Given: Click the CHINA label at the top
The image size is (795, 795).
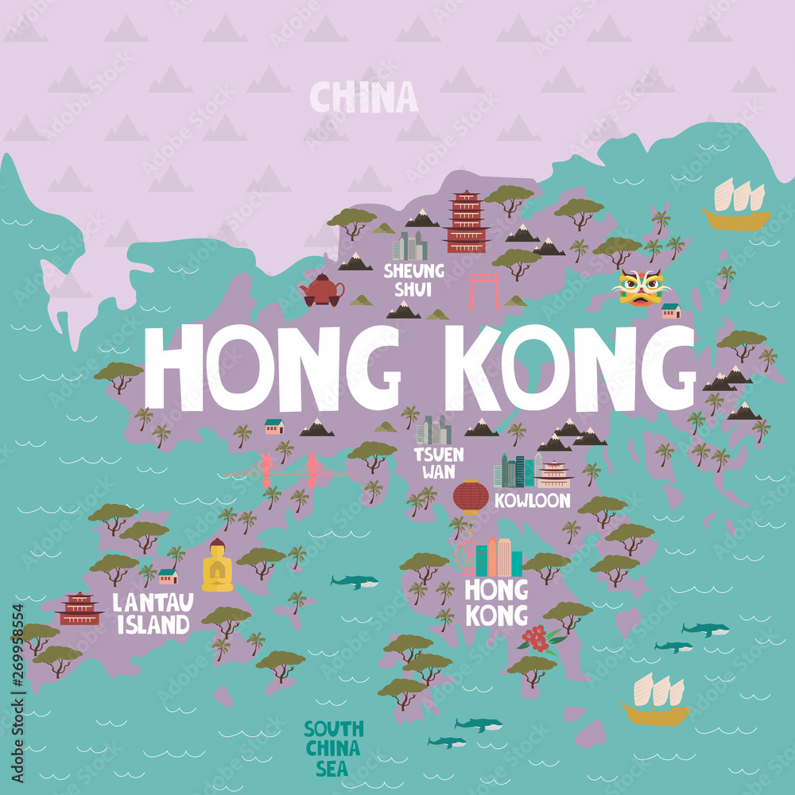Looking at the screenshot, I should [x=363, y=98].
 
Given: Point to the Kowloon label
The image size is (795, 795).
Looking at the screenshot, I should [x=532, y=501].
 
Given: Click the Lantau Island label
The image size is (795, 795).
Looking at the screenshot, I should [x=152, y=613].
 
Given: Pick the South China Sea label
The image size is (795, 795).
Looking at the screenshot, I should [x=333, y=747].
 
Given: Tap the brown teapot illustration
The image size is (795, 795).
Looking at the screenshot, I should [x=321, y=290].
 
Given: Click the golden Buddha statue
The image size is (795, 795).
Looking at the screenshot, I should [x=217, y=566].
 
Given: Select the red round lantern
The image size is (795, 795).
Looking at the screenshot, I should [x=471, y=497].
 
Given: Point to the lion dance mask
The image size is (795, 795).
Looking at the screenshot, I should [x=640, y=287].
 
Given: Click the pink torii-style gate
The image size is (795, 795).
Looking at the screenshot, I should [x=483, y=291].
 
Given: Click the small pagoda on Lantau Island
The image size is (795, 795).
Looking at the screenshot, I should [x=79, y=609].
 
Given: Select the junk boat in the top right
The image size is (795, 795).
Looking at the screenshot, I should [x=735, y=205].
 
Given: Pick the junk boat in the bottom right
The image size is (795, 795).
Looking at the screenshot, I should [x=656, y=700].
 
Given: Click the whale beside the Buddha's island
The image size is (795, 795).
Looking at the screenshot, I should [x=355, y=582].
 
